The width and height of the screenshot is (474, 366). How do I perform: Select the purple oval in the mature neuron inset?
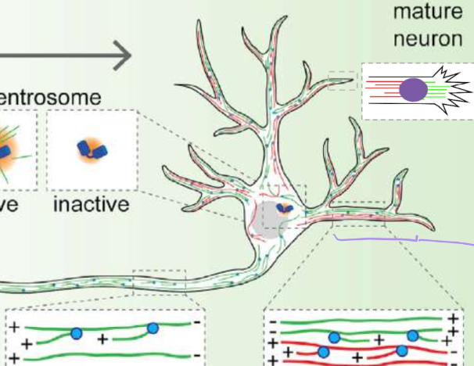pos(414,91)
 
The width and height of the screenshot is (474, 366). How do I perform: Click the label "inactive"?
pos(91,207)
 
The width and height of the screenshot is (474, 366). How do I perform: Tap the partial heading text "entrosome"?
pos(62,98)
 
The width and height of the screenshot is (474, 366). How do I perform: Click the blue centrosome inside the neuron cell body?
pos(285,209)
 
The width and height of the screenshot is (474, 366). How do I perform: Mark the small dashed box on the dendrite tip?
pos(343,80)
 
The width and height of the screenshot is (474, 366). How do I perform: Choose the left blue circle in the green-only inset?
pos(76,334)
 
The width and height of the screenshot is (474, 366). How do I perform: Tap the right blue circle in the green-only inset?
pos(153,328)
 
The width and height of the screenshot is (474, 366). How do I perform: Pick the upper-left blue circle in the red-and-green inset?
pos(333,337)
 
